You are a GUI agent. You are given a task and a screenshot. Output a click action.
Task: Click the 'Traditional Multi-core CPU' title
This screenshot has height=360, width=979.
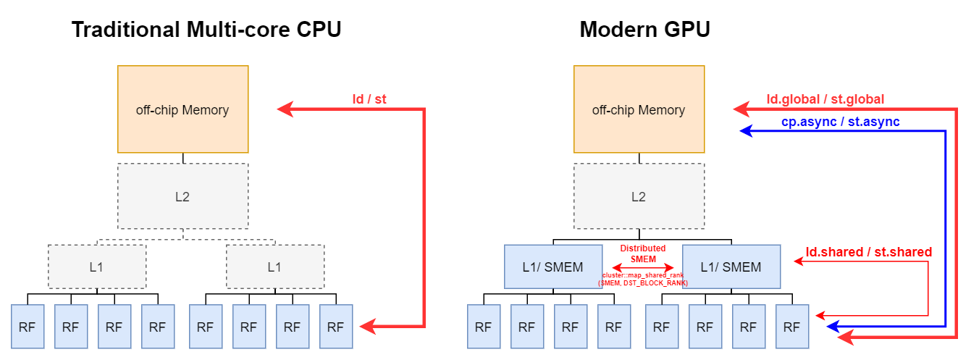coord(206,30)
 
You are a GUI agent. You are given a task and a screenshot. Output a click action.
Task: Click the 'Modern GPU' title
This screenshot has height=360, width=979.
coord(644,30)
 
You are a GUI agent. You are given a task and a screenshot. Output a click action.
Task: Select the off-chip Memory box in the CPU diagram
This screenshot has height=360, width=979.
coord(182,109)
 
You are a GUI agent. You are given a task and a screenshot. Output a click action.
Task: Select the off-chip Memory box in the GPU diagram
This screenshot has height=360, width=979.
coord(639,109)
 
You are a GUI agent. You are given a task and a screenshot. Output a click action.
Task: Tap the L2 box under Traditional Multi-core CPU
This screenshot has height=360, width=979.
coord(182,196)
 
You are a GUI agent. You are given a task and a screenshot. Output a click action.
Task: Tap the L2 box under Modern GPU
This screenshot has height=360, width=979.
coord(639,196)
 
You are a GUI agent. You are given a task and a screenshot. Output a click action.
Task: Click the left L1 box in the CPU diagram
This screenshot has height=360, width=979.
coord(97,267)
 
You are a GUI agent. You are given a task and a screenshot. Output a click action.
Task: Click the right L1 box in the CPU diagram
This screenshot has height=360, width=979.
coord(275,267)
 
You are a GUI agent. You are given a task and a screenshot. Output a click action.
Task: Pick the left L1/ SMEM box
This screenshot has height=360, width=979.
coord(553,267)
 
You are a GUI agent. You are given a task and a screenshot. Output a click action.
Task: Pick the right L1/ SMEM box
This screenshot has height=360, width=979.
coord(731,267)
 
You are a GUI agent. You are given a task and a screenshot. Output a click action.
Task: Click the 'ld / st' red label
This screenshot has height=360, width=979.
coord(369,99)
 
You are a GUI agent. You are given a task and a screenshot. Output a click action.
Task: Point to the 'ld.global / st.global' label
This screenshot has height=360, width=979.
coord(825,99)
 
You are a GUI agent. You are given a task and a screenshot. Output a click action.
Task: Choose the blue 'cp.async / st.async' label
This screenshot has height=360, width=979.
coord(840,122)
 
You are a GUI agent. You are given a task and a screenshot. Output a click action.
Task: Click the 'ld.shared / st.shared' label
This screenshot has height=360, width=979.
coord(869,252)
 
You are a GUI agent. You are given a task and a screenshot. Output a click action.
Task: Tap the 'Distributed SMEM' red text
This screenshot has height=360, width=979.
coord(643,254)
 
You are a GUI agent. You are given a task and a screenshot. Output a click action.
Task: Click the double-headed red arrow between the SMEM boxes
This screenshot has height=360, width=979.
coord(643,267)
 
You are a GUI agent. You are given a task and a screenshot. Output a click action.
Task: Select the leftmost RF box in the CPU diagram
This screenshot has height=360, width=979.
coord(28,327)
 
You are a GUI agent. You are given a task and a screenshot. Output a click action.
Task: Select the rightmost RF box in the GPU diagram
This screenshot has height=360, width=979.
coord(792,327)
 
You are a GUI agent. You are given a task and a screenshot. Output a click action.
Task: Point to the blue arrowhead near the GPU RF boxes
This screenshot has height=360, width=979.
coord(833,327)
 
